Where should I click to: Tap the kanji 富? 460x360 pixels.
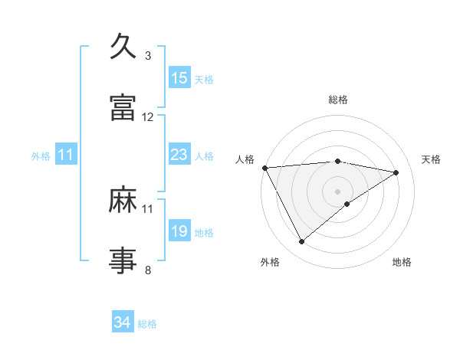click(x=123, y=108)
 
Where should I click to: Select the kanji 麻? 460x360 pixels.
click(x=123, y=201)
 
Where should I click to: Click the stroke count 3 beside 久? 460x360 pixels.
click(x=148, y=56)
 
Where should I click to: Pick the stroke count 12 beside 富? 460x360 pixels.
click(x=148, y=117)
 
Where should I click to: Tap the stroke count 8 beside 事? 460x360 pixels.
click(x=148, y=269)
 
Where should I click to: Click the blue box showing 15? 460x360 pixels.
click(x=179, y=77)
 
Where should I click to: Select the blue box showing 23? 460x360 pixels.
click(x=179, y=155)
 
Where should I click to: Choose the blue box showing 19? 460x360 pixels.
click(x=179, y=231)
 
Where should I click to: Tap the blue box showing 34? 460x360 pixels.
click(x=123, y=322)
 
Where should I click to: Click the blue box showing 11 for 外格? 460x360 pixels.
click(x=65, y=155)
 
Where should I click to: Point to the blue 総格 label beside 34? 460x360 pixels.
click(x=147, y=324)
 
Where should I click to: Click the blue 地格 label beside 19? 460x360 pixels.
click(x=204, y=233)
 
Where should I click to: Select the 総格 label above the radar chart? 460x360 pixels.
click(x=338, y=100)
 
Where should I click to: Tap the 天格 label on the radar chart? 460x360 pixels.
click(x=432, y=159)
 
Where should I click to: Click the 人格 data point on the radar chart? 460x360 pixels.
click(x=264, y=168)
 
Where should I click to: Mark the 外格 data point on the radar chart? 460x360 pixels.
click(x=301, y=242)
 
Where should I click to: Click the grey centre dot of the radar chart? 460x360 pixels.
click(x=338, y=191)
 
